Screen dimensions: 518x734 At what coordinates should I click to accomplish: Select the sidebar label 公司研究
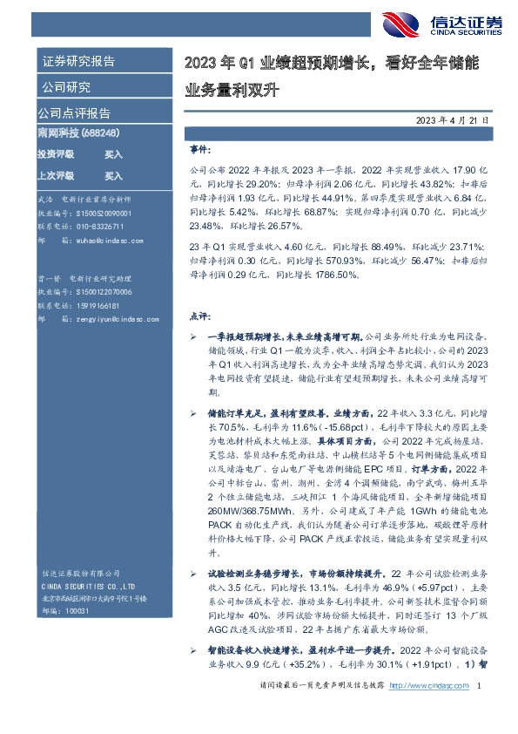point(64,87)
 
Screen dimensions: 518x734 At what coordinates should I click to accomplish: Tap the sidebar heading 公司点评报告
point(73,112)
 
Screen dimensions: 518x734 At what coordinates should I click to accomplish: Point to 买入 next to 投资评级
point(114,153)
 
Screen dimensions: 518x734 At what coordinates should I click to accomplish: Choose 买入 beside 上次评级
point(114,174)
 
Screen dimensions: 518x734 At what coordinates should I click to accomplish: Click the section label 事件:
point(200,149)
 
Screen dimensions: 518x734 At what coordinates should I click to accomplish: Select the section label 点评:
point(200,315)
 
